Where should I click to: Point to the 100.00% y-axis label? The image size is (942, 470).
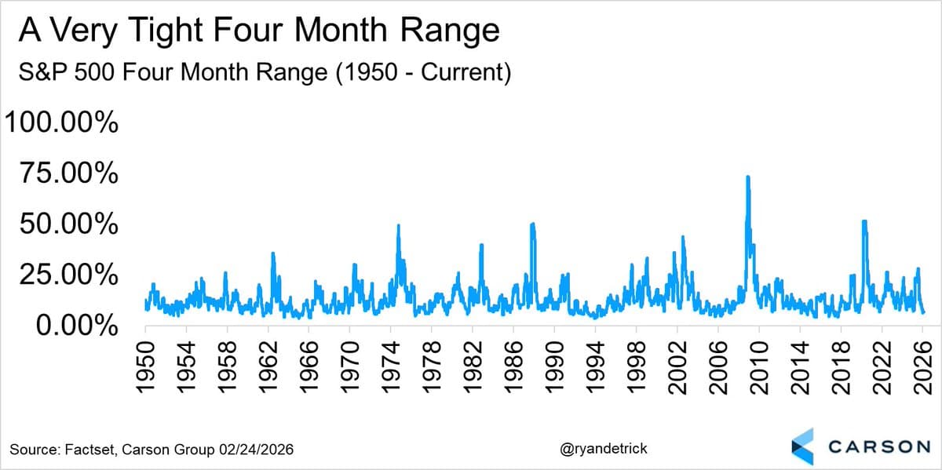(x=62, y=123)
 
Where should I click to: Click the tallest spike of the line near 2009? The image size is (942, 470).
(x=747, y=177)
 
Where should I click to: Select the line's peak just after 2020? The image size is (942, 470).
(x=864, y=221)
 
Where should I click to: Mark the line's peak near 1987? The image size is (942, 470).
(x=533, y=224)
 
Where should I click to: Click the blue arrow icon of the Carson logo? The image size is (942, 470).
(x=802, y=446)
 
